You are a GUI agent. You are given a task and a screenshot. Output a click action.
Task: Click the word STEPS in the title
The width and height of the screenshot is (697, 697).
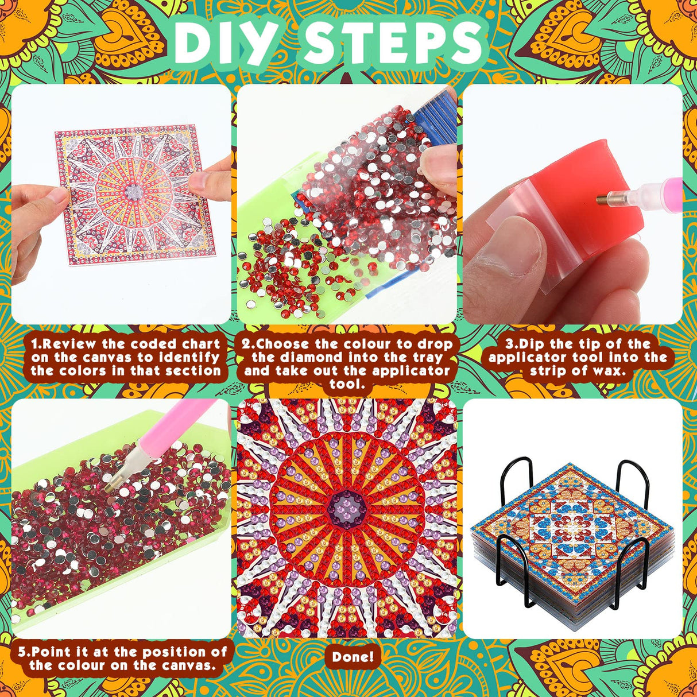coord(393,43)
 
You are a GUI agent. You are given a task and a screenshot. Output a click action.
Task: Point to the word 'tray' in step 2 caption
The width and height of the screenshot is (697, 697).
coord(428,358)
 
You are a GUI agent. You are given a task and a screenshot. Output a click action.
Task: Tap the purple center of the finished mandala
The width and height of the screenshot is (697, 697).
coord(347,506)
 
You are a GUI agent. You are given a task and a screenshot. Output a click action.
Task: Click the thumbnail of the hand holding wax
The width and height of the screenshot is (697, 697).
coord(572,204)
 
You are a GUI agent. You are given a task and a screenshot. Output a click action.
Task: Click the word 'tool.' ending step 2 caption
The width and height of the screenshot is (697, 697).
coord(347,384)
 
